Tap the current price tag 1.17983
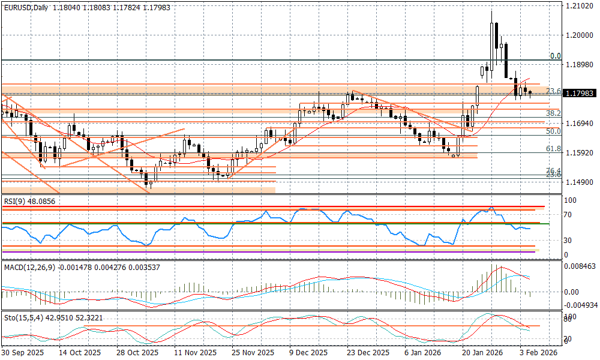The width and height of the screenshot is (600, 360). pyautogui.click(x=579, y=94)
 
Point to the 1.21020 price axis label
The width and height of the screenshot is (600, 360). pyautogui.click(x=578, y=6)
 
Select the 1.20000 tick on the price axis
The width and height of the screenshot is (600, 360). pyautogui.click(x=578, y=35)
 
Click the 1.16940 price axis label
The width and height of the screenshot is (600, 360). pyautogui.click(x=578, y=123)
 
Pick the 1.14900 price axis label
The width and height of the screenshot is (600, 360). pyautogui.click(x=578, y=182)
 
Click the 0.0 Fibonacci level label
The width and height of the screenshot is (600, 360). pyautogui.click(x=555, y=56)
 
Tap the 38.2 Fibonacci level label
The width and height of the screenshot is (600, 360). pyautogui.click(x=553, y=113)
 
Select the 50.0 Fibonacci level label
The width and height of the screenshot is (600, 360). pyautogui.click(x=553, y=131)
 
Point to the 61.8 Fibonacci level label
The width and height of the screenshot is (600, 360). pyautogui.click(x=553, y=148)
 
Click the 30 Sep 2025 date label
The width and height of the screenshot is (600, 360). pyautogui.click(x=22, y=353)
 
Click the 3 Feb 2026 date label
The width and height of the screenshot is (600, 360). pyautogui.click(x=539, y=353)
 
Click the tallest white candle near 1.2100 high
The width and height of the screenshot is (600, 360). pyautogui.click(x=492, y=42)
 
